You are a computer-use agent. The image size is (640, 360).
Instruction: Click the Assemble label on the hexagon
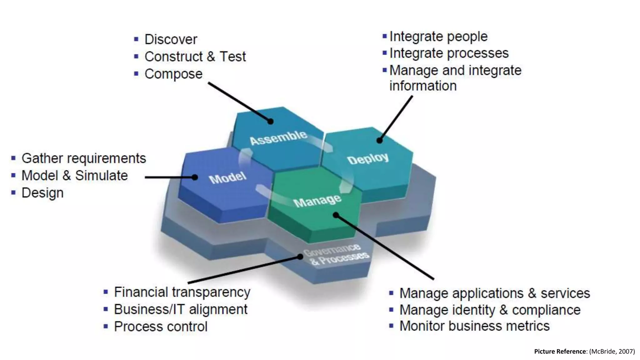coord(278,137)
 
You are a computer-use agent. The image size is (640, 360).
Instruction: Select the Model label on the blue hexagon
coord(227,178)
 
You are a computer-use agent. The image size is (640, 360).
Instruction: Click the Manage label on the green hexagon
coord(317,201)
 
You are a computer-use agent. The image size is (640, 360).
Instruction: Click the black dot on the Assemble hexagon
coord(271,122)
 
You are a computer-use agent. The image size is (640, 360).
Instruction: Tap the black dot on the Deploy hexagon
coord(379,140)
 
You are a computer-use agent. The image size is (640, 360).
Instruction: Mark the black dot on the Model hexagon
coord(195,177)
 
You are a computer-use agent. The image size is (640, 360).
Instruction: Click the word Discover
coord(171,40)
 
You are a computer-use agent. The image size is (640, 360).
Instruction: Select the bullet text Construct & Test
coord(195,57)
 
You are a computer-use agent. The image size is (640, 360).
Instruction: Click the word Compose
coord(173,74)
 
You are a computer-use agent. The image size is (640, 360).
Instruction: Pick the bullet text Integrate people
coord(438,37)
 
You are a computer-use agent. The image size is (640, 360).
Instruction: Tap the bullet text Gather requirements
coord(83,158)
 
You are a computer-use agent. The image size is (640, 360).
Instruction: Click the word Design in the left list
coord(42,193)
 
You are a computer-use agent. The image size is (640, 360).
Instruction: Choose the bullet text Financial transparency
coord(182,292)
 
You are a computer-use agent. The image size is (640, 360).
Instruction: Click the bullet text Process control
coord(161,327)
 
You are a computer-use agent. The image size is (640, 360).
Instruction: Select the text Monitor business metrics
coord(474,326)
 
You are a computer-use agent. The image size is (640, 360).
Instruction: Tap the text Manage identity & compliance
coord(490,310)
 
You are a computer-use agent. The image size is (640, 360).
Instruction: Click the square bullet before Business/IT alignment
coord(106,310)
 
